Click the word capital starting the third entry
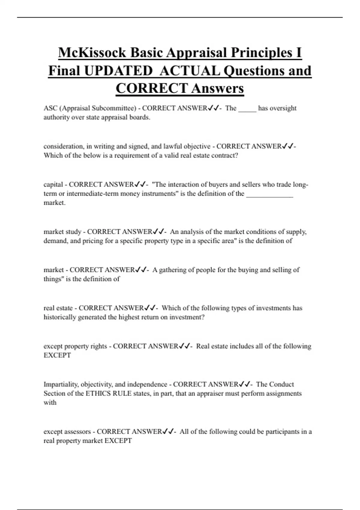point(53,184)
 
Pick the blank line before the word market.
point(269,195)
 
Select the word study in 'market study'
point(74,232)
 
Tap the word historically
point(60,317)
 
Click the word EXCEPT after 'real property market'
point(118,441)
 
